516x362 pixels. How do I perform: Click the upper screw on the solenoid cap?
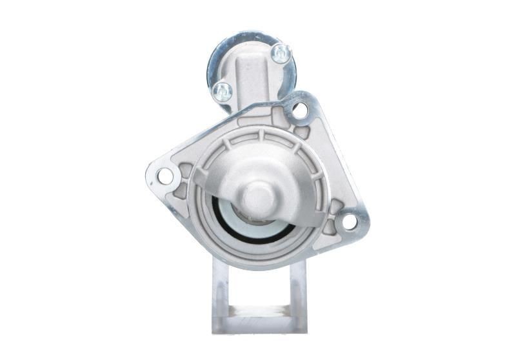281,53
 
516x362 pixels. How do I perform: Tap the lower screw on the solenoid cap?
222,91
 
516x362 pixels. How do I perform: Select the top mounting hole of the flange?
299,110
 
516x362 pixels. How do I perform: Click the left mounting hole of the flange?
165,175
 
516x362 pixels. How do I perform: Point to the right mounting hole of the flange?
349,221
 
